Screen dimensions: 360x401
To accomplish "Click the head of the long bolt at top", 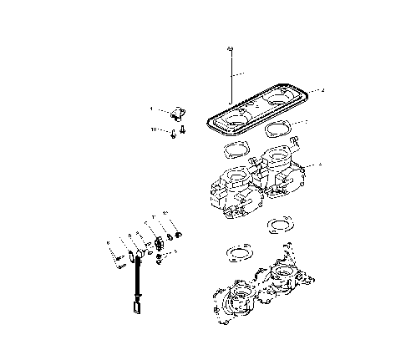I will (x=228, y=53).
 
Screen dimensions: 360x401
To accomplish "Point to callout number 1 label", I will (x=151, y=109).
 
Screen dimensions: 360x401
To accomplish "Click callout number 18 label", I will (x=154, y=129).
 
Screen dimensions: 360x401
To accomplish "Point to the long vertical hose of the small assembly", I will (x=135, y=280).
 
